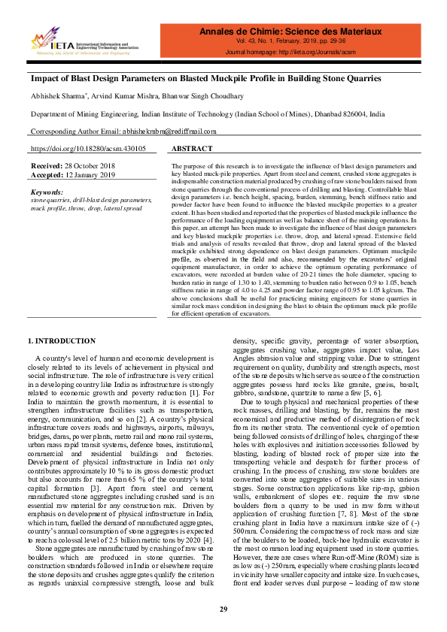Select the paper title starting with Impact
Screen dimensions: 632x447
click(x=205, y=78)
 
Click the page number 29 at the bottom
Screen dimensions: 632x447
click(x=223, y=608)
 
